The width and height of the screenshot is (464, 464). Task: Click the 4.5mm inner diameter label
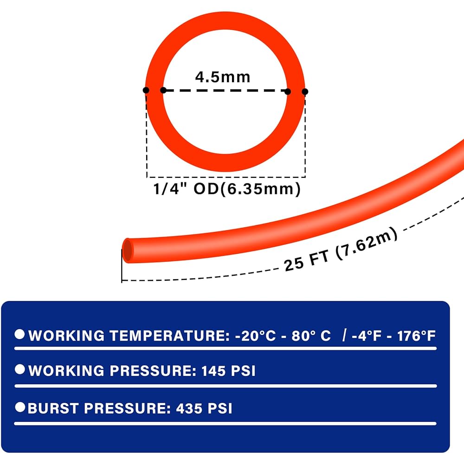pos(223,77)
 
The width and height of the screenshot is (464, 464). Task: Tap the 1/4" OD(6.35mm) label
pos(227,189)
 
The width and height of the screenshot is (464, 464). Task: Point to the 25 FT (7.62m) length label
pos(341,249)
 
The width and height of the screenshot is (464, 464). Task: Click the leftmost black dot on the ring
pos(146,90)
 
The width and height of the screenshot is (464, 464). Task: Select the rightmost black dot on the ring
pos(305,92)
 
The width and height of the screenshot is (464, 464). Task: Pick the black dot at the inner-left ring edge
pos(163,90)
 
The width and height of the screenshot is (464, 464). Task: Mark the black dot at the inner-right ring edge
pos(288,92)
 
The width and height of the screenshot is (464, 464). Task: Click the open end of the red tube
pos(128,251)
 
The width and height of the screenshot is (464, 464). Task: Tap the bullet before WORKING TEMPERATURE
pos(20,334)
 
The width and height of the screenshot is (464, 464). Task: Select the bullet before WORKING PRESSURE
pos(20,369)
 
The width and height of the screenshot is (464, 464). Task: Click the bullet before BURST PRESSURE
pos(20,407)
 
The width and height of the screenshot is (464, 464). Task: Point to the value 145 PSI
pos(228,371)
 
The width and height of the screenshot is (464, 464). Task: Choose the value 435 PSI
pos(204,408)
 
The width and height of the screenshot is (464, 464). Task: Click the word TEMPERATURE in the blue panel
pos(169,336)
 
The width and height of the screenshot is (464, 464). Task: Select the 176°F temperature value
pos(416,336)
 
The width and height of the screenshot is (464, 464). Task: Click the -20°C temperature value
pos(255,336)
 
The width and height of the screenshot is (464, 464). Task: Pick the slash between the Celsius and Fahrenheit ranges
pos(344,335)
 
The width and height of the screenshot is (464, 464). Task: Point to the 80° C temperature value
pos(311,336)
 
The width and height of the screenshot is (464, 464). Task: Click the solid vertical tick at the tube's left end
pos(122,266)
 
